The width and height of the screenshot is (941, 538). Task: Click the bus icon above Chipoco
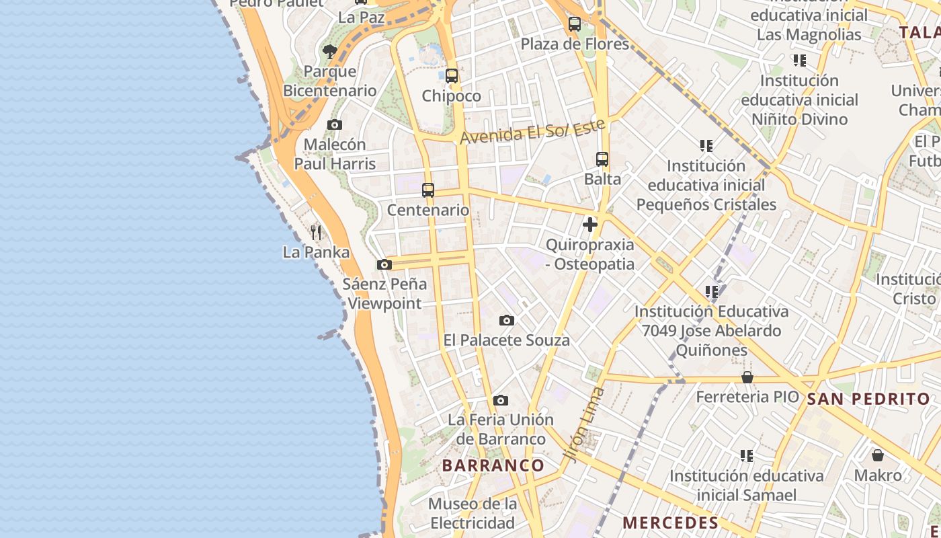(452, 76)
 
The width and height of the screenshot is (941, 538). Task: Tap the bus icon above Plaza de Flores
(575, 24)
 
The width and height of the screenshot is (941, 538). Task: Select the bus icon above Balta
(602, 159)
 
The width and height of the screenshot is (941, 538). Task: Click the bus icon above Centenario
(428, 190)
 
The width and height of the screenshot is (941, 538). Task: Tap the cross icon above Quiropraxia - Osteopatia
(590, 225)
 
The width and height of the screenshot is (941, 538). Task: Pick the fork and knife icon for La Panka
(316, 233)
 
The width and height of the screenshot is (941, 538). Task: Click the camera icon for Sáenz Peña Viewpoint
(384, 265)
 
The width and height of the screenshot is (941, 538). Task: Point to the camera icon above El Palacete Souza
(507, 321)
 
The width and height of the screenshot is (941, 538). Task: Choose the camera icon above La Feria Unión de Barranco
(501, 401)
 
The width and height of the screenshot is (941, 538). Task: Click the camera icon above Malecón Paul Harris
(334, 124)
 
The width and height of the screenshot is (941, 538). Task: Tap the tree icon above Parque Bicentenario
(329, 51)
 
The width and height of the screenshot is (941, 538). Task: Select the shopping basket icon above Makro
(878, 455)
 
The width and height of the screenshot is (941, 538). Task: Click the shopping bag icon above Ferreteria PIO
(747, 377)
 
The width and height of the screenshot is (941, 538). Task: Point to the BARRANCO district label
(493, 465)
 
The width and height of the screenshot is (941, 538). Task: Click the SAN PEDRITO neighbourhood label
(868, 399)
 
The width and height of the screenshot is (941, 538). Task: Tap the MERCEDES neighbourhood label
(670, 523)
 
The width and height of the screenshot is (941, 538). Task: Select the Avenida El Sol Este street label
(533, 132)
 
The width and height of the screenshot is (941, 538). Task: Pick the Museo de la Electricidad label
(473, 513)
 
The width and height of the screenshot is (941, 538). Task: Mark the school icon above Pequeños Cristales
(706, 145)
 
